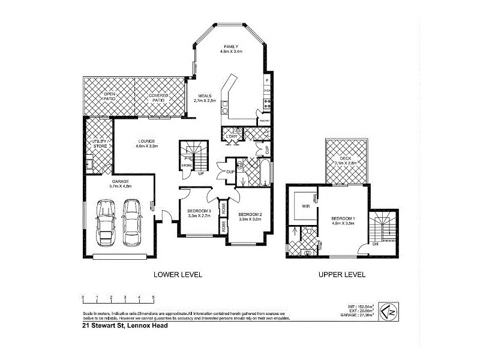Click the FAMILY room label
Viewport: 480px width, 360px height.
[x=232, y=46]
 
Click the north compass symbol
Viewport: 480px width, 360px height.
[x=390, y=311]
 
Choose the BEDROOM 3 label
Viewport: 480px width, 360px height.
[x=199, y=211]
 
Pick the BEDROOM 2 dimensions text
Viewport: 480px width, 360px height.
[x=250, y=220]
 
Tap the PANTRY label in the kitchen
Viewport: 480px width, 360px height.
[x=263, y=121]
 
